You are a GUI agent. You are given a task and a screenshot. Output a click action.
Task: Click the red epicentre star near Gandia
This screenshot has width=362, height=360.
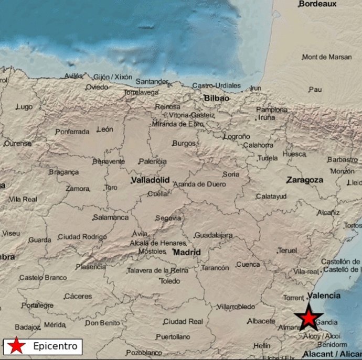coord(308,318)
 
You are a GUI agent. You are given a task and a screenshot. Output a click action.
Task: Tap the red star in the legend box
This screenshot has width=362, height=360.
coord(17,346)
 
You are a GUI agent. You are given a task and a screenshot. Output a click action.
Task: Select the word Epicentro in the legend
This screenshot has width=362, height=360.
coord(55,346)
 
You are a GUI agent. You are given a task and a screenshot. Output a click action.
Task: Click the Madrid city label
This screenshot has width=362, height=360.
coord(187,252)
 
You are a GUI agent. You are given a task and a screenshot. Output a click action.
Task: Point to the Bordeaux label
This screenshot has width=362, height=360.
coord(317,4)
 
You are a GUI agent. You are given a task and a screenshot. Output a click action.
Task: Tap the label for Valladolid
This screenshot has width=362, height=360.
coord(150,180)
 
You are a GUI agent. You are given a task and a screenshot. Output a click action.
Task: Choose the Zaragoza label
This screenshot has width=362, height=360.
coord(304,180)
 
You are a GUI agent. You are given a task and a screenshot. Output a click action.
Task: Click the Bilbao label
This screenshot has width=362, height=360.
coord(217,98)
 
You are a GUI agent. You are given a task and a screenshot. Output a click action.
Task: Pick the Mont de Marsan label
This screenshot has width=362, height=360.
coord(327,57)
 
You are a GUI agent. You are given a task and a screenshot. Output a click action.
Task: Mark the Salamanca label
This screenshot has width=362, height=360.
coord(111,217)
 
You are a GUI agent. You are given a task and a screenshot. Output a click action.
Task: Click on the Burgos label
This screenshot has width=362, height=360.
coord(184,143)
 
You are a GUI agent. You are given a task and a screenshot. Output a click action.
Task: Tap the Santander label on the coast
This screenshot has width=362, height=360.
coord(152,82)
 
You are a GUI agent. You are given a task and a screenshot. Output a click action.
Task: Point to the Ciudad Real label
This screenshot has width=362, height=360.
coord(183,321)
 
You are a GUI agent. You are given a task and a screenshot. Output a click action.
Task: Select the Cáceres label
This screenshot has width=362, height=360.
coord(78,297)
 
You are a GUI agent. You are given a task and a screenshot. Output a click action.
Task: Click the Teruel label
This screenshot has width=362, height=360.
coord(287,250)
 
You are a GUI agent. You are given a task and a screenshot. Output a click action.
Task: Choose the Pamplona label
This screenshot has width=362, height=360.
coord(272,110)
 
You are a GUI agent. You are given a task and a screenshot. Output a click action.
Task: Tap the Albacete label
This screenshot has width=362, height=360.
coord(261,321)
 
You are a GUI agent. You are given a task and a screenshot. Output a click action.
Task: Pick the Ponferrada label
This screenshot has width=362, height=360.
coord(72,132)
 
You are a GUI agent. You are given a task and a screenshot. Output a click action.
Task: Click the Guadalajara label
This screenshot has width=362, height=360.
coord(213,235)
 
